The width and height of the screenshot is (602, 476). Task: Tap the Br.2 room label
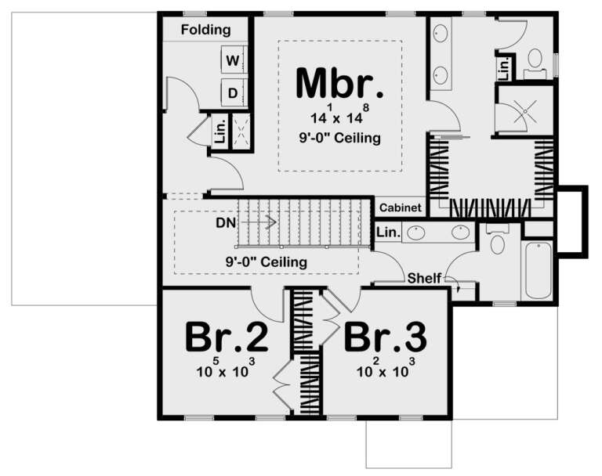[227, 338]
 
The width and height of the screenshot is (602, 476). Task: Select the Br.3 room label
[386, 338]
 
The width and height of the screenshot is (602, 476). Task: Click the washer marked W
[232, 59]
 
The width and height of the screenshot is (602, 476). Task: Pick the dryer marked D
[232, 93]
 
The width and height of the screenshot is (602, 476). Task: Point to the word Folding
[205, 31]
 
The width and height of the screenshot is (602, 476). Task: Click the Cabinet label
[401, 209]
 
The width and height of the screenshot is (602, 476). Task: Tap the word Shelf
[423, 278]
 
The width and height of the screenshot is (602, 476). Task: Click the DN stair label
[226, 222]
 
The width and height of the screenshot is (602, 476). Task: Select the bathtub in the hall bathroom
[538, 270]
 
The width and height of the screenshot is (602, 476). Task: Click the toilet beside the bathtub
[497, 243]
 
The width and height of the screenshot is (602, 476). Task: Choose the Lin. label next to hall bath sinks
[387, 233]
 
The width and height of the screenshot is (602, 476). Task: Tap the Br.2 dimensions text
[227, 370]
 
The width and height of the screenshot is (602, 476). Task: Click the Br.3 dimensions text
[386, 370]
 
